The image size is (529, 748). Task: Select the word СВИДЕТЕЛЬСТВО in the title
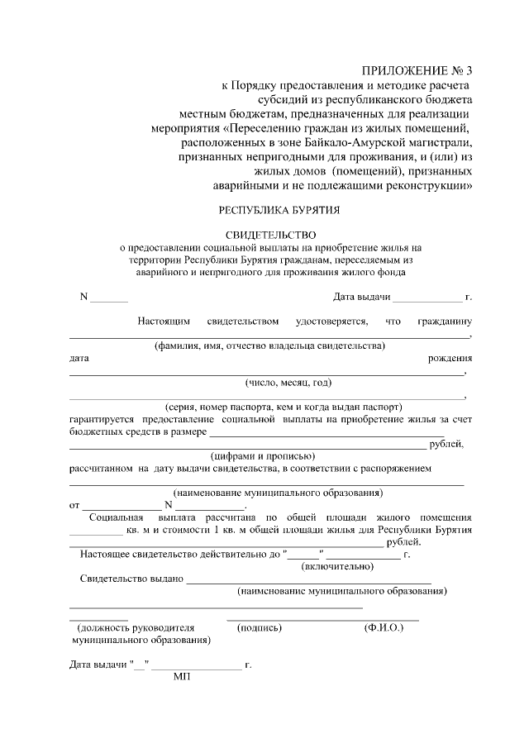(270, 236)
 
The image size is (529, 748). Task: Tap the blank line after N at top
(109, 298)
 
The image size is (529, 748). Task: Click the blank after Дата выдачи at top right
(427, 298)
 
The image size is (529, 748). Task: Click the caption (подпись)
(260, 628)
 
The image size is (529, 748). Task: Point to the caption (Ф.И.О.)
(384, 628)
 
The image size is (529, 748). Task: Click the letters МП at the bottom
(182, 677)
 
